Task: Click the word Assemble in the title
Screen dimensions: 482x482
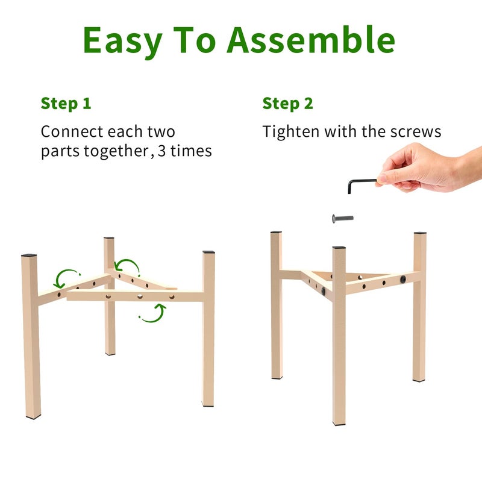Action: [311, 40]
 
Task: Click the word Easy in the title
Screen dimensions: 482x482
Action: [123, 42]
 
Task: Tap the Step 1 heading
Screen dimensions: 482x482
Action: [66, 104]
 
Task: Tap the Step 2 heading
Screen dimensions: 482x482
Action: [288, 104]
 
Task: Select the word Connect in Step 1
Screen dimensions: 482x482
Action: [72, 131]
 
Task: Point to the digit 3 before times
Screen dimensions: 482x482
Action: [162, 151]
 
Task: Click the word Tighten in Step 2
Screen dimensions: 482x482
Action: [291, 132]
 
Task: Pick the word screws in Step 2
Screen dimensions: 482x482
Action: [416, 132]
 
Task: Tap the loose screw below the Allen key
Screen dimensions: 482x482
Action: [342, 219]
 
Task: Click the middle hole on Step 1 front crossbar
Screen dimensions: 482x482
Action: [140, 296]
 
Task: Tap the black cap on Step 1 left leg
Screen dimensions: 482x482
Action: [29, 255]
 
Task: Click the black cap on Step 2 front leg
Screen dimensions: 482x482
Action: [339, 247]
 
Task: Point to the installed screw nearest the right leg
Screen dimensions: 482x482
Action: [402, 279]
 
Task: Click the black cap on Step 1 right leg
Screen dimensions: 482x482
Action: [208, 252]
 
